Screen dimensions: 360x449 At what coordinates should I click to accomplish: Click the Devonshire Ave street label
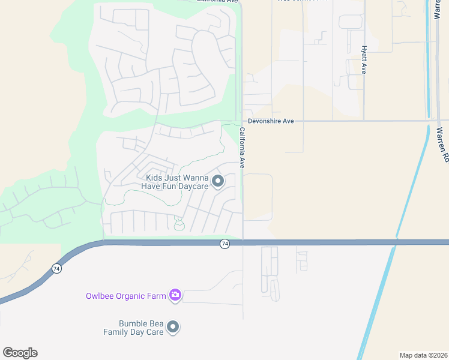(272, 121)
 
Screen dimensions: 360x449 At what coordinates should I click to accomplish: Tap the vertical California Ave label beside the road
(242, 147)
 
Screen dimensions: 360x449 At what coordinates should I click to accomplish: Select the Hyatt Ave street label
(364, 59)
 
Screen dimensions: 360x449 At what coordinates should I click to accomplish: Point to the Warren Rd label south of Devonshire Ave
(443, 145)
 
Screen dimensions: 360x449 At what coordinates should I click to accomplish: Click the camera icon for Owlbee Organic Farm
(175, 294)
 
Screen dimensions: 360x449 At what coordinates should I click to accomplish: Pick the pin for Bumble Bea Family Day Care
(173, 327)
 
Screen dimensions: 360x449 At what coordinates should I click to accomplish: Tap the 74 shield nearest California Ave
(224, 244)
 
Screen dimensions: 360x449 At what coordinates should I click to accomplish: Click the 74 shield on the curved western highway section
(56, 269)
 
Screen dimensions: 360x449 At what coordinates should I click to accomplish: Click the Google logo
(20, 353)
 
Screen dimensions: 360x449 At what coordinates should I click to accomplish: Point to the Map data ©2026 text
(423, 355)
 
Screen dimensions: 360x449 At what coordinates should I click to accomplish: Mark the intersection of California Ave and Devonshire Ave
(243, 121)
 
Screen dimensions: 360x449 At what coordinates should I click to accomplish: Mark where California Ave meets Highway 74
(243, 242)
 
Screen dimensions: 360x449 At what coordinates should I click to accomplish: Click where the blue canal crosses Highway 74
(396, 242)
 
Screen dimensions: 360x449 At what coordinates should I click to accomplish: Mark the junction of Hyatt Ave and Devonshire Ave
(364, 121)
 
